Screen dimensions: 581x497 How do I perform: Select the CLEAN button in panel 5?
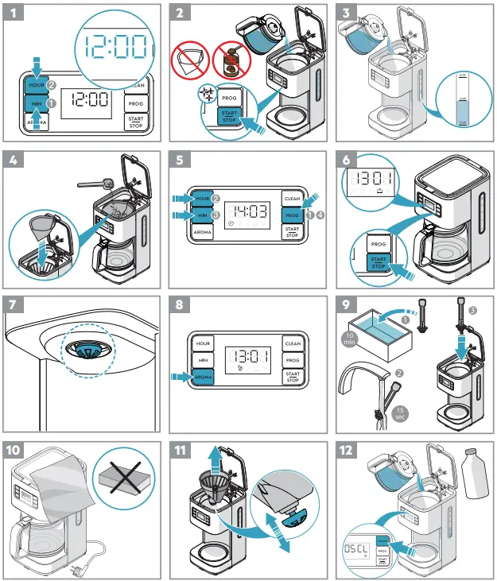click(292, 199)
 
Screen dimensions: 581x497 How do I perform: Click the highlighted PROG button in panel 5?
click(292, 215)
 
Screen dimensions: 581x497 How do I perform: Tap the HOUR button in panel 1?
click(36, 84)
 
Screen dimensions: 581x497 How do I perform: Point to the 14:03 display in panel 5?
click(246, 212)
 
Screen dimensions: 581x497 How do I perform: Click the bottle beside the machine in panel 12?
click(472, 475)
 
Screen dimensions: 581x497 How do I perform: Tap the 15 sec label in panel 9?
click(400, 412)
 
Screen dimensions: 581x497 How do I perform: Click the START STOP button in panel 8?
click(292, 377)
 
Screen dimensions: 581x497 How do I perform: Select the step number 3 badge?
click(348, 14)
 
